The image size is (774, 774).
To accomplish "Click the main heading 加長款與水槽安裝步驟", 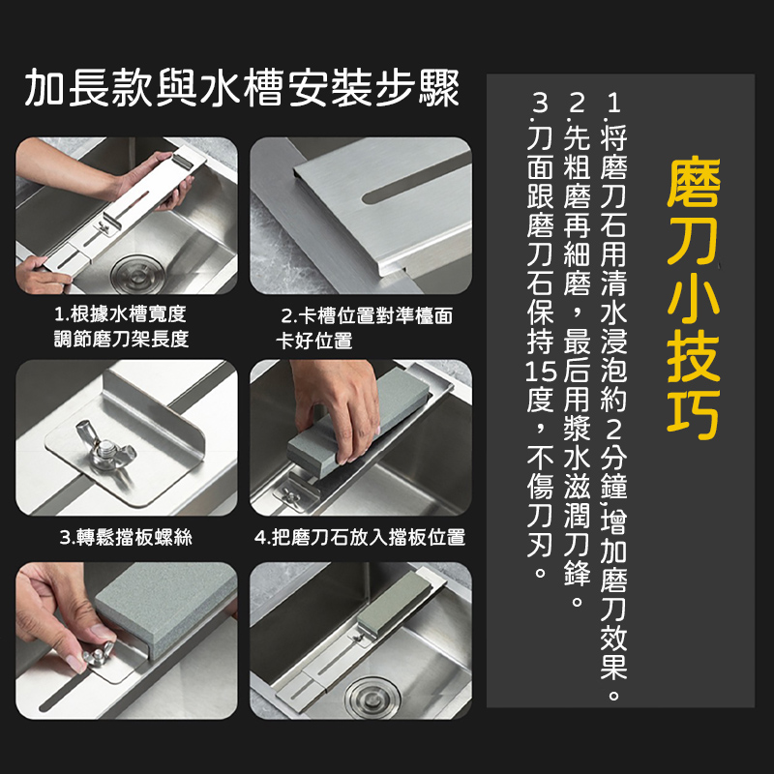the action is pyautogui.click(x=242, y=88).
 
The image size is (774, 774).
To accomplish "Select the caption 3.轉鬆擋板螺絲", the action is pyautogui.click(x=126, y=537).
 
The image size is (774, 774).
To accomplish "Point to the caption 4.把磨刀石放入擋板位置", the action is pyautogui.click(x=360, y=537).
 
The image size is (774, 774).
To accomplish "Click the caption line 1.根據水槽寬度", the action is pyautogui.click(x=120, y=313).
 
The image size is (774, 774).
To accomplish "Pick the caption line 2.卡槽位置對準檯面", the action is pyautogui.click(x=367, y=316).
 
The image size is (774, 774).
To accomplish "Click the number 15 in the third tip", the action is pyautogui.click(x=541, y=372).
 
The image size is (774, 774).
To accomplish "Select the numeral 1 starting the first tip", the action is pyautogui.click(x=613, y=104).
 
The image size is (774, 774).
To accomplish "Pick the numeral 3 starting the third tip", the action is pyautogui.click(x=541, y=104).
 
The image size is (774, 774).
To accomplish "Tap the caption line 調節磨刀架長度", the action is pyautogui.click(x=122, y=340).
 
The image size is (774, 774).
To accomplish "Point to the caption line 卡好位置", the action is pyautogui.click(x=313, y=341).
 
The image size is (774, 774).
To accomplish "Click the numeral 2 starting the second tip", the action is pyautogui.click(x=577, y=104).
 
